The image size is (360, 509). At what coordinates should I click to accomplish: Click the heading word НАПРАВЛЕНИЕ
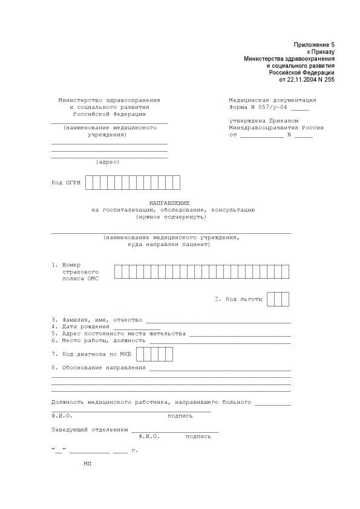[x=169, y=203]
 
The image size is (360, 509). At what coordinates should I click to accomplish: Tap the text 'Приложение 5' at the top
[x=314, y=45]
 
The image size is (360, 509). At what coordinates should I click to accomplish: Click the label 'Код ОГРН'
[x=65, y=182]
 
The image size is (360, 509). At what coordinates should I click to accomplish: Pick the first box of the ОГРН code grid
[x=90, y=182]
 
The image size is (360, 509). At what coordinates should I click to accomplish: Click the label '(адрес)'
[x=108, y=161]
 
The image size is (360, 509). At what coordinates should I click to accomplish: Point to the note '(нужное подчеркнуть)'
[x=171, y=216]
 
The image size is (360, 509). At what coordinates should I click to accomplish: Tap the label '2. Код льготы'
[x=238, y=299]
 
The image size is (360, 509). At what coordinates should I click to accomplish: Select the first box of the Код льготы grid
[x=270, y=299]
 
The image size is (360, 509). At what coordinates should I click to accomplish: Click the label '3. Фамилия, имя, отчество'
[x=97, y=319]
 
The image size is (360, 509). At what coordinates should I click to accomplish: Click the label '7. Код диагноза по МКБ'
[x=91, y=354]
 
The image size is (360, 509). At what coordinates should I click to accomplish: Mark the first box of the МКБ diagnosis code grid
[x=140, y=354]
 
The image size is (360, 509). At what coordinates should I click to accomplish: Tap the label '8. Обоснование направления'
[x=98, y=368]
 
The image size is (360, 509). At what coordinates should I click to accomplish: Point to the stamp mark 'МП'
[x=88, y=463]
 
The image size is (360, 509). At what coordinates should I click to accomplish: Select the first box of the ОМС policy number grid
[x=118, y=271]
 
